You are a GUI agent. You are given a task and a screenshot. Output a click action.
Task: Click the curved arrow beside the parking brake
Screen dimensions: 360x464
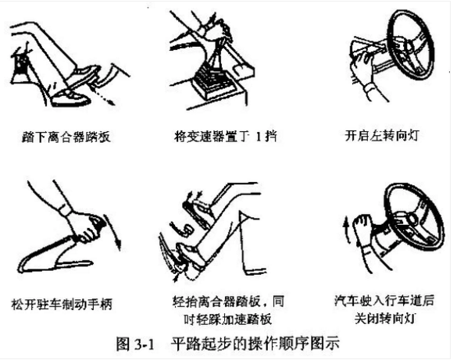pyautogui.click(x=117, y=234)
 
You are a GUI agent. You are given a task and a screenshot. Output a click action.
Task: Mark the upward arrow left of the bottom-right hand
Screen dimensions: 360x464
pyautogui.click(x=347, y=230)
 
